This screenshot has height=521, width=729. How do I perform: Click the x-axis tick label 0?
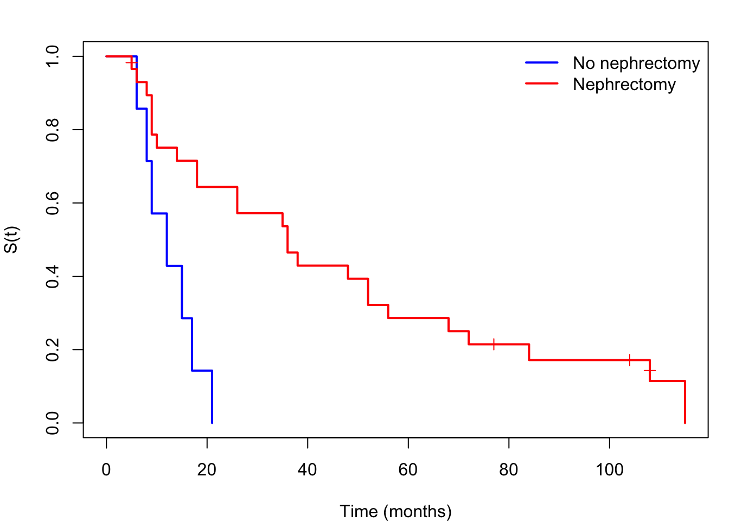click(x=106, y=470)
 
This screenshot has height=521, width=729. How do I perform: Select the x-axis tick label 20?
click(x=207, y=470)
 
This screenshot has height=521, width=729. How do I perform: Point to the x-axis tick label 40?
click(x=307, y=470)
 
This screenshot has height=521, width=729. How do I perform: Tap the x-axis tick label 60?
click(x=408, y=470)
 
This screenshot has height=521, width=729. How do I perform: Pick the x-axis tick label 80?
click(x=508, y=470)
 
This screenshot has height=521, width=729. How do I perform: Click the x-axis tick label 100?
click(x=609, y=470)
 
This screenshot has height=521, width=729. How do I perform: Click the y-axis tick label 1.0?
click(x=53, y=56)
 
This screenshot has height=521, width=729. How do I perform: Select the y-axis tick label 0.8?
click(x=53, y=130)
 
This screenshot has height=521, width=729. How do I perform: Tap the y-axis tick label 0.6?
click(x=53, y=203)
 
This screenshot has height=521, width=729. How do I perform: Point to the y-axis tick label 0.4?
click(x=53, y=277)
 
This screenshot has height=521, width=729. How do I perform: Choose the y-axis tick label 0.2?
click(x=53, y=350)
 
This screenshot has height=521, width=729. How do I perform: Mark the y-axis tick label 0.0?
click(x=53, y=423)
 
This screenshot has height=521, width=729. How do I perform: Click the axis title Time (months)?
click(x=395, y=512)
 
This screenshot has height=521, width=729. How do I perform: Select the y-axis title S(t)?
click(x=12, y=240)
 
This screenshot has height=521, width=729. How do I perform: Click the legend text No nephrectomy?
click(x=636, y=63)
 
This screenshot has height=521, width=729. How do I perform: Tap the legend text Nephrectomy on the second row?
click(x=624, y=85)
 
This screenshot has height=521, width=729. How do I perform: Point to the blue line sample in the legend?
click(x=542, y=62)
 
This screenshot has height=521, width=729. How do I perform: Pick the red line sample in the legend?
click(x=542, y=84)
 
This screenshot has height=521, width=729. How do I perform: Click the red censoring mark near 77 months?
click(x=494, y=344)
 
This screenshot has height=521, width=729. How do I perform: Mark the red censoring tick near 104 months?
click(x=629, y=360)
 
